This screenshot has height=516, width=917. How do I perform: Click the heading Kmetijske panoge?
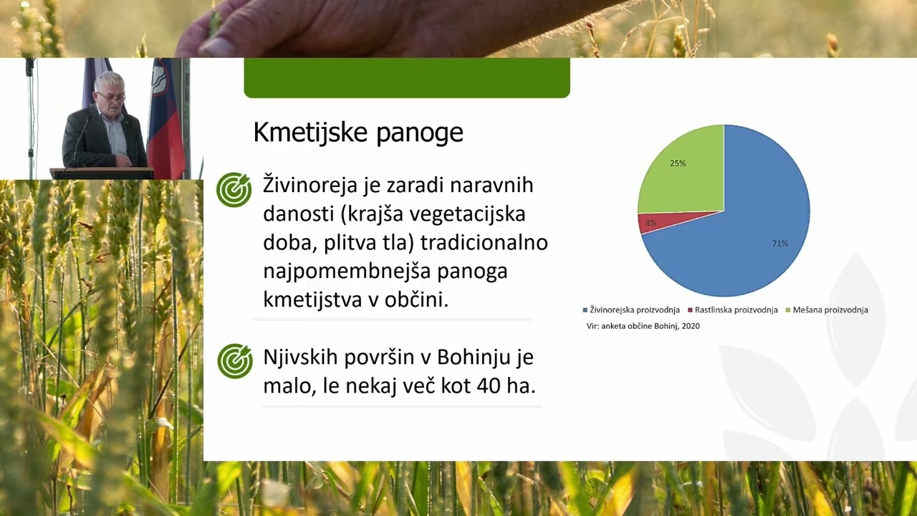(x=358, y=133)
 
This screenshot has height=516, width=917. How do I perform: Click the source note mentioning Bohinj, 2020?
(x=643, y=326)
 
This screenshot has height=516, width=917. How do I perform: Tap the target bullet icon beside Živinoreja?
(x=234, y=190)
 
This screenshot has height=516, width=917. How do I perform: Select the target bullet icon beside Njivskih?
(x=235, y=360)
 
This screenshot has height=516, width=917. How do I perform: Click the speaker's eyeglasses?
(x=112, y=96)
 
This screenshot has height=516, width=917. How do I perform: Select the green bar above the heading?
(x=406, y=77)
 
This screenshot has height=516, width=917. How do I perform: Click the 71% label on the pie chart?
(x=779, y=244)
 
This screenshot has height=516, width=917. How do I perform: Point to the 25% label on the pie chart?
(x=678, y=163)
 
